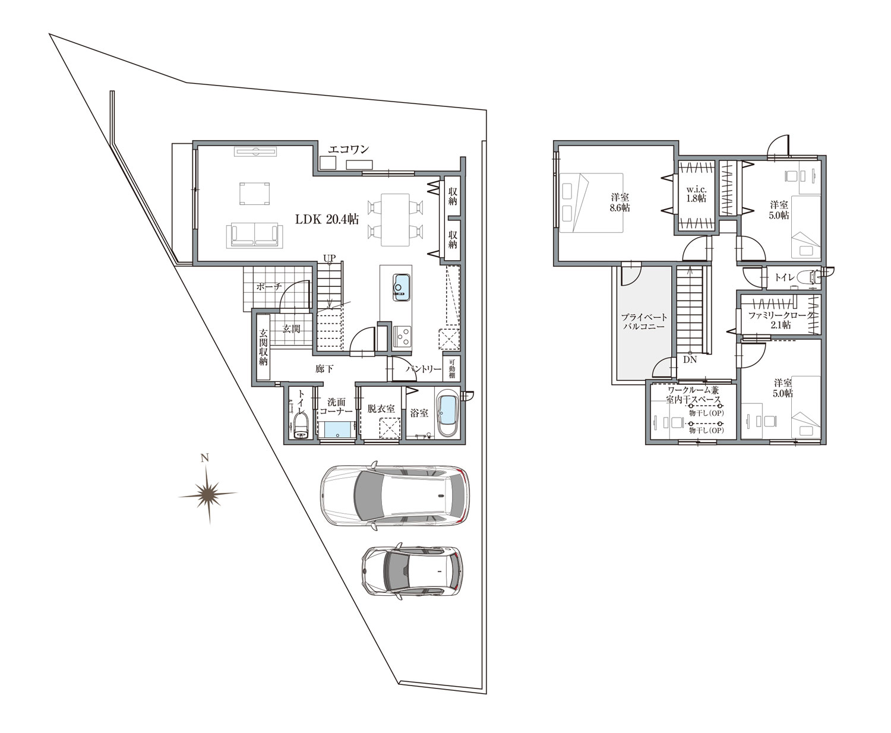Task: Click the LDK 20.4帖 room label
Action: pos(327,219)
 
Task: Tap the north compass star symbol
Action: pos(207,493)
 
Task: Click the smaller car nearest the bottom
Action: pos(410,570)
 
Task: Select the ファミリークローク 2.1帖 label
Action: pos(778,320)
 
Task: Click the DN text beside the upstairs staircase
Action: pos(690,360)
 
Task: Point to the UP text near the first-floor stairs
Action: pos(329,257)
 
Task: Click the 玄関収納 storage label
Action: pos(263,347)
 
